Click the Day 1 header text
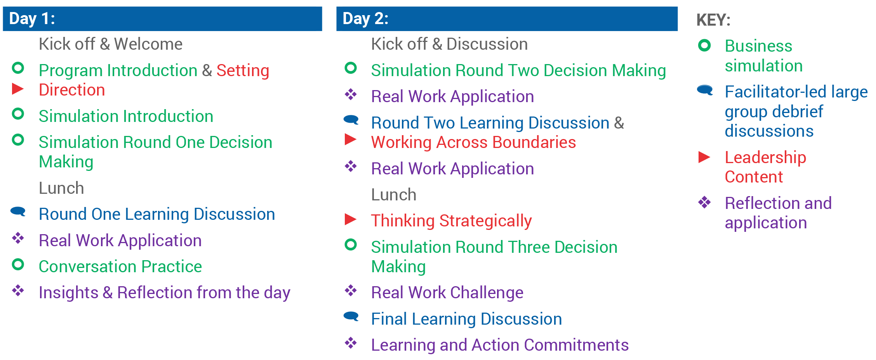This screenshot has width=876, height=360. [x=32, y=19]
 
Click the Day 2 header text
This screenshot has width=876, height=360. [x=365, y=19]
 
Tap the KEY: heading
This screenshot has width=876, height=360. [x=713, y=20]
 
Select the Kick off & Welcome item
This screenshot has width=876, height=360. [x=111, y=44]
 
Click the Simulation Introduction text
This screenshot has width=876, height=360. [x=126, y=117]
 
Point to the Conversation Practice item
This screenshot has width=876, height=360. [x=120, y=267]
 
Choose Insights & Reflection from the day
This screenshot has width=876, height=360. [x=165, y=293]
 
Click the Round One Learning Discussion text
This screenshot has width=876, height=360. [x=157, y=214]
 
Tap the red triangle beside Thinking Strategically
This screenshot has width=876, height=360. [x=351, y=219]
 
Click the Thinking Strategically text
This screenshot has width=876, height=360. [x=451, y=221]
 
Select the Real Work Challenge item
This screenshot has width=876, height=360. [x=447, y=293]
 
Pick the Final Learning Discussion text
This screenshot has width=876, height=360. [x=466, y=319]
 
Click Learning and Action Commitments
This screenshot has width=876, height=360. [x=500, y=345]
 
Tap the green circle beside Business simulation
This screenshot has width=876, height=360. [x=704, y=45]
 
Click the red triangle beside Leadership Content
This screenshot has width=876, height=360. [x=704, y=157]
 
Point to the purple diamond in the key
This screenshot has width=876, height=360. [x=704, y=202]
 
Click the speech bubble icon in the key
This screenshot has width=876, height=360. [x=705, y=90]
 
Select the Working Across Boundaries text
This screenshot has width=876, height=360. [x=473, y=143]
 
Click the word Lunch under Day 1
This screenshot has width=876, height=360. [x=61, y=188]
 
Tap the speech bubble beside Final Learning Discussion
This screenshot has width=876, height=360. [x=351, y=316]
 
